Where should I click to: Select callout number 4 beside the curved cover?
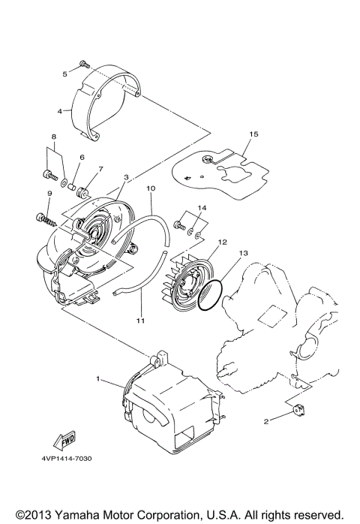tap(60, 110)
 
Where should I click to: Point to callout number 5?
tap(65, 74)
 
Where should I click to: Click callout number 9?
tap(49, 194)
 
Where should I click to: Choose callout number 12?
tap(221, 242)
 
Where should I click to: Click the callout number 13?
tap(241, 254)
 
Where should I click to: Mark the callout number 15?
tap(253, 134)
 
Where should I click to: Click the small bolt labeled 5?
tap(82, 66)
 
